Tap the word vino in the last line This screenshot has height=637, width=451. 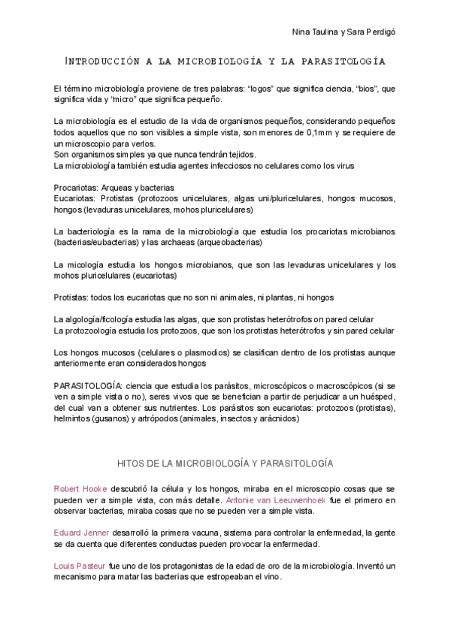[271, 577]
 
